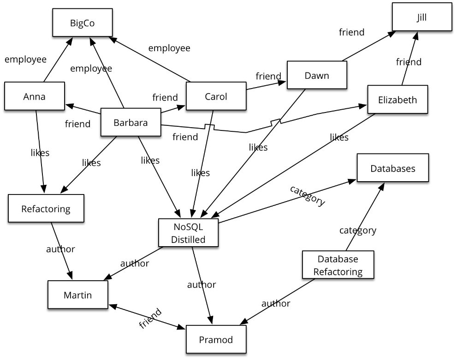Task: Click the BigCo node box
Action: coord(83,23)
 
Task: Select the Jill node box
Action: coord(422,17)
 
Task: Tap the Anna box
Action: coord(35,96)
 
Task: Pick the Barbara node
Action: coord(131,122)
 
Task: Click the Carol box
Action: coord(216,96)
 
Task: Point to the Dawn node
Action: coord(317,75)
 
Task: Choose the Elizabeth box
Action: coord(398,99)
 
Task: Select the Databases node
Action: coord(393,168)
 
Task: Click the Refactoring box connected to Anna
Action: coord(46,208)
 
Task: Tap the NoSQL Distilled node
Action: coord(188,233)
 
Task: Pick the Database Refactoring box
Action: coord(338,265)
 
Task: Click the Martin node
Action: coord(78,295)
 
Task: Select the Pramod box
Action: coord(216,339)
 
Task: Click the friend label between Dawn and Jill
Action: coord(351,32)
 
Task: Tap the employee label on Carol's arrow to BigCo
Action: coord(169,48)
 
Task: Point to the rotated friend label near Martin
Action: coord(150,319)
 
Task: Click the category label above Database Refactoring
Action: coord(358,230)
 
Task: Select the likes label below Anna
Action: coord(40,153)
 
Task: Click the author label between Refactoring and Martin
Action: coord(60,249)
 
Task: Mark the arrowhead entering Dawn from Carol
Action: coord(282,83)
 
